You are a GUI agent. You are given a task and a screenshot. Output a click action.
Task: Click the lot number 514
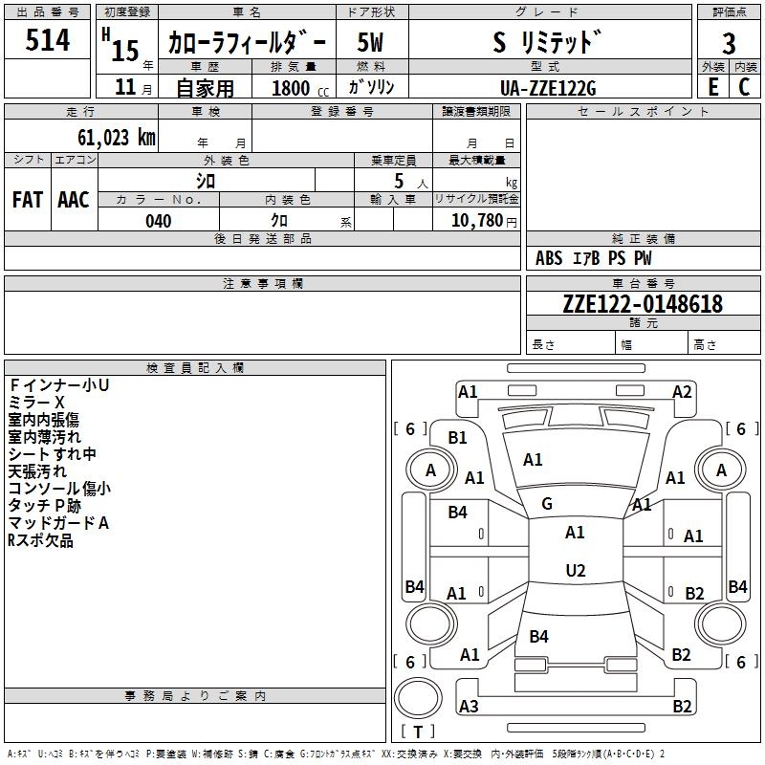click(x=48, y=40)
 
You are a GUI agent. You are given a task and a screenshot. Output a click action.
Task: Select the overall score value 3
click(x=729, y=44)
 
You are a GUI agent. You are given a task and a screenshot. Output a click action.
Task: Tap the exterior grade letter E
click(x=712, y=87)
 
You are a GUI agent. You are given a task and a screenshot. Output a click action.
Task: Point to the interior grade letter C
click(x=744, y=87)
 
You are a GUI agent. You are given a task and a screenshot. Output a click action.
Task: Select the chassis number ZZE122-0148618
click(x=643, y=305)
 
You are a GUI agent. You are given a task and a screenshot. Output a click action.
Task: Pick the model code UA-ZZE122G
click(x=548, y=88)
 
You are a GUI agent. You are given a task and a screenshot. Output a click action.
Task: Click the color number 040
click(x=159, y=221)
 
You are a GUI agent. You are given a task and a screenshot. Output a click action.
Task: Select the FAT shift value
click(x=28, y=200)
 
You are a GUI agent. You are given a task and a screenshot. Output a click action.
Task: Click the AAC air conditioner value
click(x=74, y=200)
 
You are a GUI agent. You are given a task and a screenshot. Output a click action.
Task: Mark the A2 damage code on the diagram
click(x=682, y=391)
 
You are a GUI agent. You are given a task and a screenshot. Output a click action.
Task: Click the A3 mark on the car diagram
click(x=469, y=707)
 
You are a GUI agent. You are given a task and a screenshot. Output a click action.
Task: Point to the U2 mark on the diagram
click(x=575, y=571)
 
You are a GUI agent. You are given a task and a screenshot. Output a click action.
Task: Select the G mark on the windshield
click(x=547, y=504)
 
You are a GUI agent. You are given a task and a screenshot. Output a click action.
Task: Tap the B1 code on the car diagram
click(x=458, y=438)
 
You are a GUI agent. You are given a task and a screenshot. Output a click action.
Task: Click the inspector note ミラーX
click(x=36, y=403)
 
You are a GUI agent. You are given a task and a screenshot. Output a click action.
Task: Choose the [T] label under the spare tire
click(x=417, y=732)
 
